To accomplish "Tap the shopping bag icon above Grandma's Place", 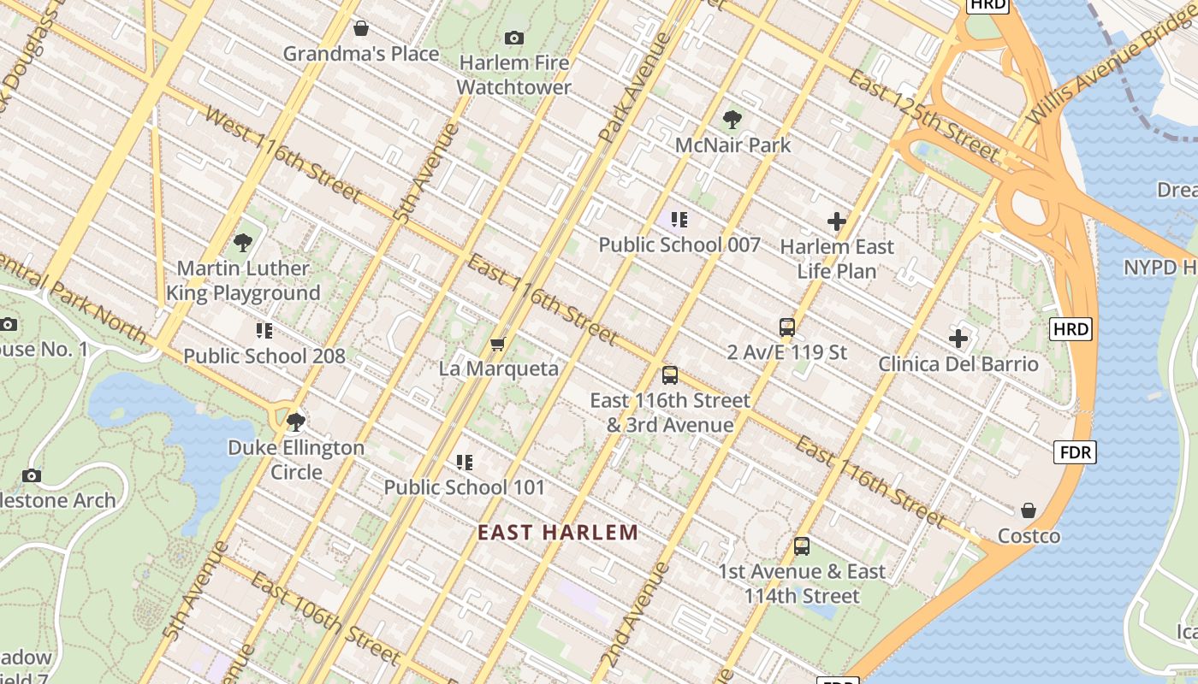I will [x=361, y=28].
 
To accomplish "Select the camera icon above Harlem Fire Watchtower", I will [x=513, y=38].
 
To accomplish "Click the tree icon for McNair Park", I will [x=732, y=120].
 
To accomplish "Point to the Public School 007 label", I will [x=679, y=245].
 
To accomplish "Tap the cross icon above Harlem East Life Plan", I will [x=837, y=222].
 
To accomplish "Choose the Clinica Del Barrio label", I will [x=958, y=364].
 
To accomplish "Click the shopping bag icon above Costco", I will [x=1029, y=510].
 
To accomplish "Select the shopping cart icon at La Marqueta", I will [x=497, y=344].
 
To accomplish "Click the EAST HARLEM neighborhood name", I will [x=558, y=533].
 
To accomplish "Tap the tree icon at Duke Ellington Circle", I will [x=296, y=422].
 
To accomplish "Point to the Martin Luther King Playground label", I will [x=243, y=280].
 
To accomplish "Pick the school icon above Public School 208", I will [x=264, y=331].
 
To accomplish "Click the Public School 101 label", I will [x=464, y=487].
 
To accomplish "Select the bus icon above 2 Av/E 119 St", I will [x=786, y=327].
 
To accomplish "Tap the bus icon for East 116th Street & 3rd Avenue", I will [x=670, y=374].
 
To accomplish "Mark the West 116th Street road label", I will [x=282, y=154].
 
